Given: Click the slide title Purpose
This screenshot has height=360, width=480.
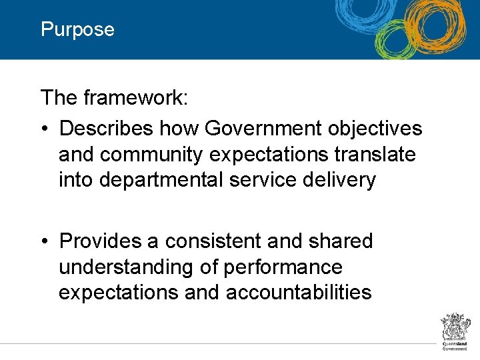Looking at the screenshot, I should [77, 30].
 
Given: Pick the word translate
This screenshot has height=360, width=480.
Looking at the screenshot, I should [375, 154].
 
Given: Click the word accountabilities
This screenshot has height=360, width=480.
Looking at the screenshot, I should [299, 293].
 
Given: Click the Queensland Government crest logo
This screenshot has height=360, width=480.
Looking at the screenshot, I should [456, 331].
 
